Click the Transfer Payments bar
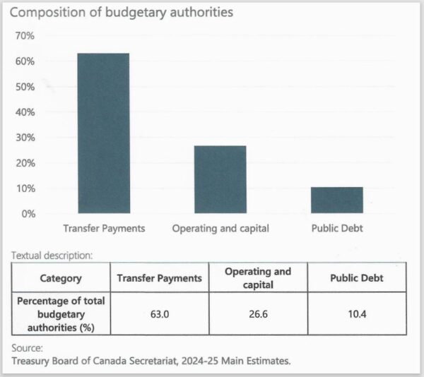pyautogui.click(x=103, y=133)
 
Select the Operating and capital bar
pyautogui.click(x=220, y=179)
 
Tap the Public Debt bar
pyautogui.click(x=336, y=200)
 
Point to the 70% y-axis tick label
pyautogui.click(x=25, y=36)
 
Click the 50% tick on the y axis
pyautogui.click(x=25, y=87)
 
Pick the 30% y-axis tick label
pyautogui.click(x=25, y=138)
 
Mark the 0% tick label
pyautogui.click(x=28, y=213)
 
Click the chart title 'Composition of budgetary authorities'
pyautogui.click(x=121, y=13)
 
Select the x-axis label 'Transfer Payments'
pyautogui.click(x=104, y=229)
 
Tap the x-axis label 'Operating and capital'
pyautogui.click(x=220, y=229)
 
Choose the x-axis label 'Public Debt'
pyautogui.click(x=337, y=229)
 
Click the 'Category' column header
pyautogui.click(x=60, y=278)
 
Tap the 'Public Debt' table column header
pyautogui.click(x=356, y=278)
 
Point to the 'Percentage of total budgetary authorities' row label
pyautogui.click(x=60, y=313)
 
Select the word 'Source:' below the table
pyautogui.click(x=28, y=348)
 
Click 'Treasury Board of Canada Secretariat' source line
pyautogui.click(x=151, y=361)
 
